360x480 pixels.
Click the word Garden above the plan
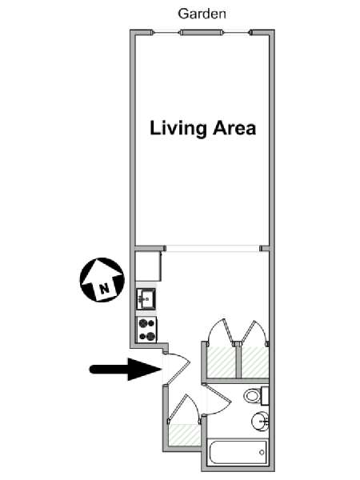click(x=202, y=14)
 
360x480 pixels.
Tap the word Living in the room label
click(x=178, y=129)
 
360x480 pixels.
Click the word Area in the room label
click(x=234, y=128)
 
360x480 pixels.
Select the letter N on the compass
click(x=104, y=288)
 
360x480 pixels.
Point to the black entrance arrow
click(x=126, y=369)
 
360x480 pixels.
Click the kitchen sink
click(x=146, y=298)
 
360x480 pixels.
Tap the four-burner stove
click(x=146, y=330)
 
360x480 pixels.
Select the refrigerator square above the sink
click(x=148, y=266)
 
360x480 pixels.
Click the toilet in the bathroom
click(x=256, y=395)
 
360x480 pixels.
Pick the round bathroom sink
click(x=260, y=421)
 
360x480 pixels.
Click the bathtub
click(x=238, y=453)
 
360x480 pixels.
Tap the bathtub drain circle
click(x=262, y=453)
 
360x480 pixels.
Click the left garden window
click(x=166, y=33)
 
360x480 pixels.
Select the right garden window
click(x=237, y=33)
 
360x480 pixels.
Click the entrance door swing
click(x=177, y=369)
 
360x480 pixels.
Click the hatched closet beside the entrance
click(x=185, y=434)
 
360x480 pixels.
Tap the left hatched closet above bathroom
click(x=222, y=362)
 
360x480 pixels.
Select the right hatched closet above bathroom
click(x=255, y=362)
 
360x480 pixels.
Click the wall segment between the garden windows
click(x=201, y=33)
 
